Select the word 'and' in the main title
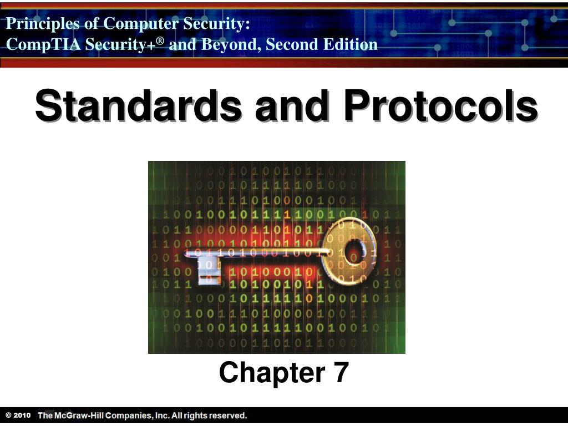(291, 107)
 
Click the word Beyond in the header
(225, 44)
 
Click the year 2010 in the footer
(22, 415)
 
